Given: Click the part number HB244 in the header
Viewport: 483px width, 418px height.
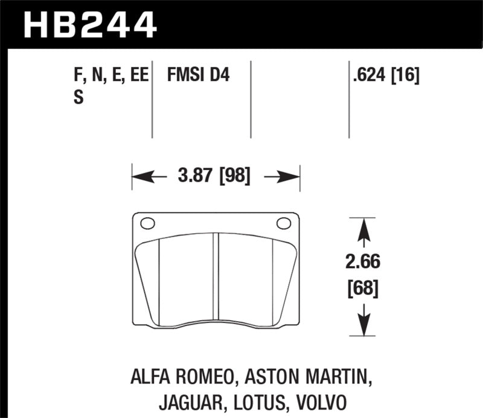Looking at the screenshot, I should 89,25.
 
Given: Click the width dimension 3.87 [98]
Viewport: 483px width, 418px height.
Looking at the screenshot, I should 215,178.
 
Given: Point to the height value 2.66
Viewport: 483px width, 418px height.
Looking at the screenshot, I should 362,263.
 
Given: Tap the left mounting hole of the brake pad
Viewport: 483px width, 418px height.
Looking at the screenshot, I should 147,224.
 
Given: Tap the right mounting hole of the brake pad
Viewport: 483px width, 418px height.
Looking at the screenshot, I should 284,224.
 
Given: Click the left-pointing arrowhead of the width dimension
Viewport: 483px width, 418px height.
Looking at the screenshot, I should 140,178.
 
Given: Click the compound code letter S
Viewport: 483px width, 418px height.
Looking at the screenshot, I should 78,97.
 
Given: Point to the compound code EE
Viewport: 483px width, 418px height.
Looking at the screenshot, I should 138,76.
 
